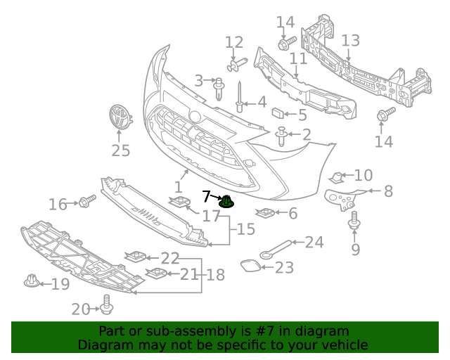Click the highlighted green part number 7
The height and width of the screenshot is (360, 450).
[226, 202]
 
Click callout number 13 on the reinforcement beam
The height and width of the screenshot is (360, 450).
[350, 41]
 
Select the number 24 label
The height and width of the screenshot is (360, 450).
[314, 243]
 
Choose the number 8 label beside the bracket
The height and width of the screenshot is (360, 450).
[388, 191]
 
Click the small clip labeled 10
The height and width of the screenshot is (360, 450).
[339, 176]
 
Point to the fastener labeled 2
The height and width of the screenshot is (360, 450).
[282, 136]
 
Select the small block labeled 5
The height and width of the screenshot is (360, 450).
[278, 112]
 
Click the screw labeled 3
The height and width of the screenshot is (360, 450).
[219, 88]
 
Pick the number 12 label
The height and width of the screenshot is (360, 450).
[233, 43]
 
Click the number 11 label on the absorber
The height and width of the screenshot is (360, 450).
[298, 59]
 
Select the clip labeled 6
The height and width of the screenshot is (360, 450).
[266, 213]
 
